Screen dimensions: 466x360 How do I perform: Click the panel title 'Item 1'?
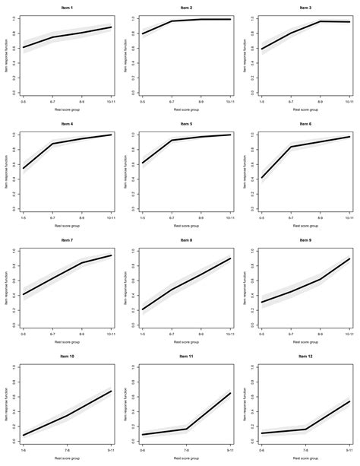click(68, 8)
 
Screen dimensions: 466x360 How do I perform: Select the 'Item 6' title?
click(305, 124)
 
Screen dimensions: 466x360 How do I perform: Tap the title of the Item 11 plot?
click(186, 356)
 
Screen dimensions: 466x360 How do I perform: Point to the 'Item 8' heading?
click(186, 240)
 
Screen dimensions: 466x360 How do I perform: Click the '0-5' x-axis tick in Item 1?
click(24, 100)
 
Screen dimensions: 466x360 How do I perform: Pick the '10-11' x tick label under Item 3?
click(349, 100)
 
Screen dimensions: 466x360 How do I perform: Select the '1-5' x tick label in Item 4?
click(24, 216)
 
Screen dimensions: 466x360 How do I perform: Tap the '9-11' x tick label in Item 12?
click(349, 448)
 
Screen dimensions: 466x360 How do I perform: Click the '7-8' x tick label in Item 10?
click(68, 448)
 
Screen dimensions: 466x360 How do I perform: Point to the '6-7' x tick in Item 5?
click(172, 216)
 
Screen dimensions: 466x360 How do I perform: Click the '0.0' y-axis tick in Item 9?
click(251, 325)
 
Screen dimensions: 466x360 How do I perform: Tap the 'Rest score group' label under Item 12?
click(305, 457)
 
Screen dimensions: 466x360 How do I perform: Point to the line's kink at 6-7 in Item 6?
click(291, 147)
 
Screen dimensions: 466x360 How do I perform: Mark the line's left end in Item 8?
click(143, 309)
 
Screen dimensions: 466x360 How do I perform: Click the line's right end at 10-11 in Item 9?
click(349, 258)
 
